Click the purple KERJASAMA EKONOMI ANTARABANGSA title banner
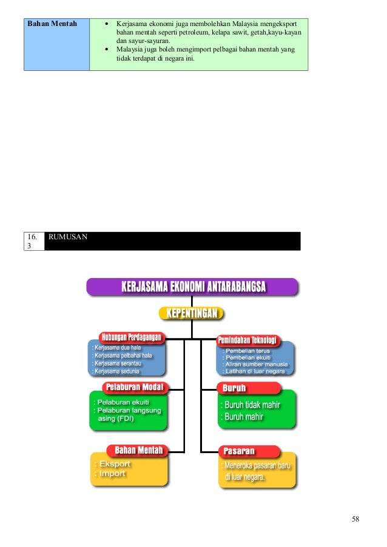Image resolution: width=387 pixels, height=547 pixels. (x=192, y=287)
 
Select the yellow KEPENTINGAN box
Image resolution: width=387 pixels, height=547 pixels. (x=192, y=314)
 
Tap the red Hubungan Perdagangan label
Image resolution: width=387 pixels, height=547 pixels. (x=132, y=337)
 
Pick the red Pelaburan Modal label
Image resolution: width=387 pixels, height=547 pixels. (x=135, y=387)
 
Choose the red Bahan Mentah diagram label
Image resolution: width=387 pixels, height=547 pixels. (x=139, y=450)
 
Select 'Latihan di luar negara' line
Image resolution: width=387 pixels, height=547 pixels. (x=254, y=371)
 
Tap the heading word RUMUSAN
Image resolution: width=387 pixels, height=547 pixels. (x=68, y=237)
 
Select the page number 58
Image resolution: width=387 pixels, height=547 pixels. (x=355, y=519)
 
